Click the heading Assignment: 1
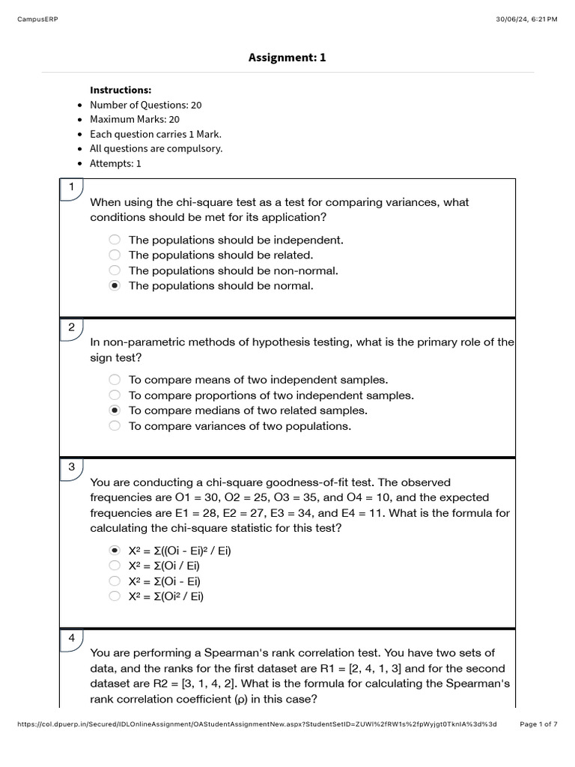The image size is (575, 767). [287, 58]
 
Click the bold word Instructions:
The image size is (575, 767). [121, 90]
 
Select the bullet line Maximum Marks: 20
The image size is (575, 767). [135, 119]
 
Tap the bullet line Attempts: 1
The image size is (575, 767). [115, 163]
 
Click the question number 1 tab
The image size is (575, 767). [71, 187]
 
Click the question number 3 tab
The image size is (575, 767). [71, 467]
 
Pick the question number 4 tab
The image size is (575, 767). [71, 638]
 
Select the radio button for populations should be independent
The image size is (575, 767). [115, 240]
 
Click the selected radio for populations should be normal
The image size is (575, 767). [115, 286]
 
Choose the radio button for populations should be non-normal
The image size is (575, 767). [115, 270]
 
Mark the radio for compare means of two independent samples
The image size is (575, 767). [115, 380]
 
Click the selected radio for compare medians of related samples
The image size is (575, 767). [115, 410]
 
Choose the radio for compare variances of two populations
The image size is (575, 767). [115, 426]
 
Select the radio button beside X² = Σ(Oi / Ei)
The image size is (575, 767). [115, 566]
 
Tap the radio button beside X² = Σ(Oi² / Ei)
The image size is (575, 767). [115, 596]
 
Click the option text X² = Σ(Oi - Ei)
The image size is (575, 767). [164, 581]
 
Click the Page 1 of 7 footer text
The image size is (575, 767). [538, 724]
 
